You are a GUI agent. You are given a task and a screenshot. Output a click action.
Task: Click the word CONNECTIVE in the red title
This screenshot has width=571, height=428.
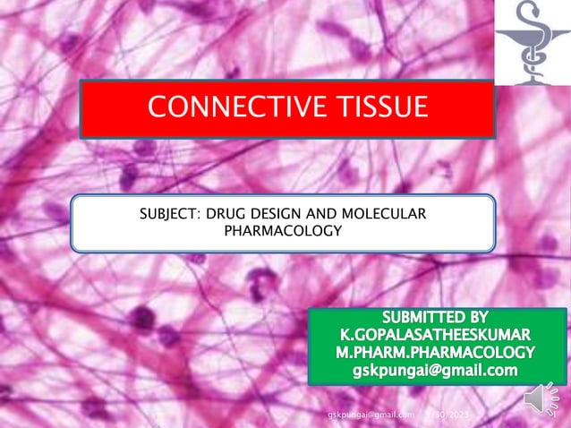[x=232, y=108]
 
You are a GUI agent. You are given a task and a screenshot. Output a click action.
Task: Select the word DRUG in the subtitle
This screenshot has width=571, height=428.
[x=237, y=214]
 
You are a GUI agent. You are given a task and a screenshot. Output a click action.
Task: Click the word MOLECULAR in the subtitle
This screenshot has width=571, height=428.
[x=388, y=214]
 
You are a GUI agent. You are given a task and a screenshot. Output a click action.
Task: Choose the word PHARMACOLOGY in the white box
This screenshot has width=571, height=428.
[x=283, y=231]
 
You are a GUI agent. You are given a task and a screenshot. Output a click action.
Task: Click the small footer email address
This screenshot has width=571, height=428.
[x=371, y=415]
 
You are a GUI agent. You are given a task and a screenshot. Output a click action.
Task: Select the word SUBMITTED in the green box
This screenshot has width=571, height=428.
[x=422, y=317]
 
